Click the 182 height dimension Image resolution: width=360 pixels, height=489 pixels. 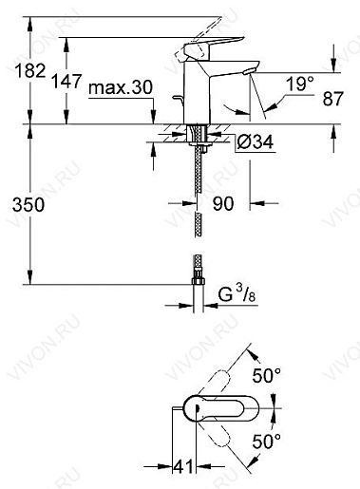coord(30,70)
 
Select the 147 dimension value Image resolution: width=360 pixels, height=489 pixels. coord(66,81)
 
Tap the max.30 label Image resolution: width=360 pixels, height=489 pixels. coord(121,87)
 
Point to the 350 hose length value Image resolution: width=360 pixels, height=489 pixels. coord(28,205)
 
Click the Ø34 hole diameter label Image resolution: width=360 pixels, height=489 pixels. coord(256,142)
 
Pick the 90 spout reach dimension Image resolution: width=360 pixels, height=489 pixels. coord(223,203)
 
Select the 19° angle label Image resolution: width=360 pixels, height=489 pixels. coord(299,85)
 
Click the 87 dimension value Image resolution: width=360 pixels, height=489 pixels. coord(333,99)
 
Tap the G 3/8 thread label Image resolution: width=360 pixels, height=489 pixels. coord(237,295)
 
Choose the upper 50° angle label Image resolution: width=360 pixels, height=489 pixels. coord(267,376)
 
